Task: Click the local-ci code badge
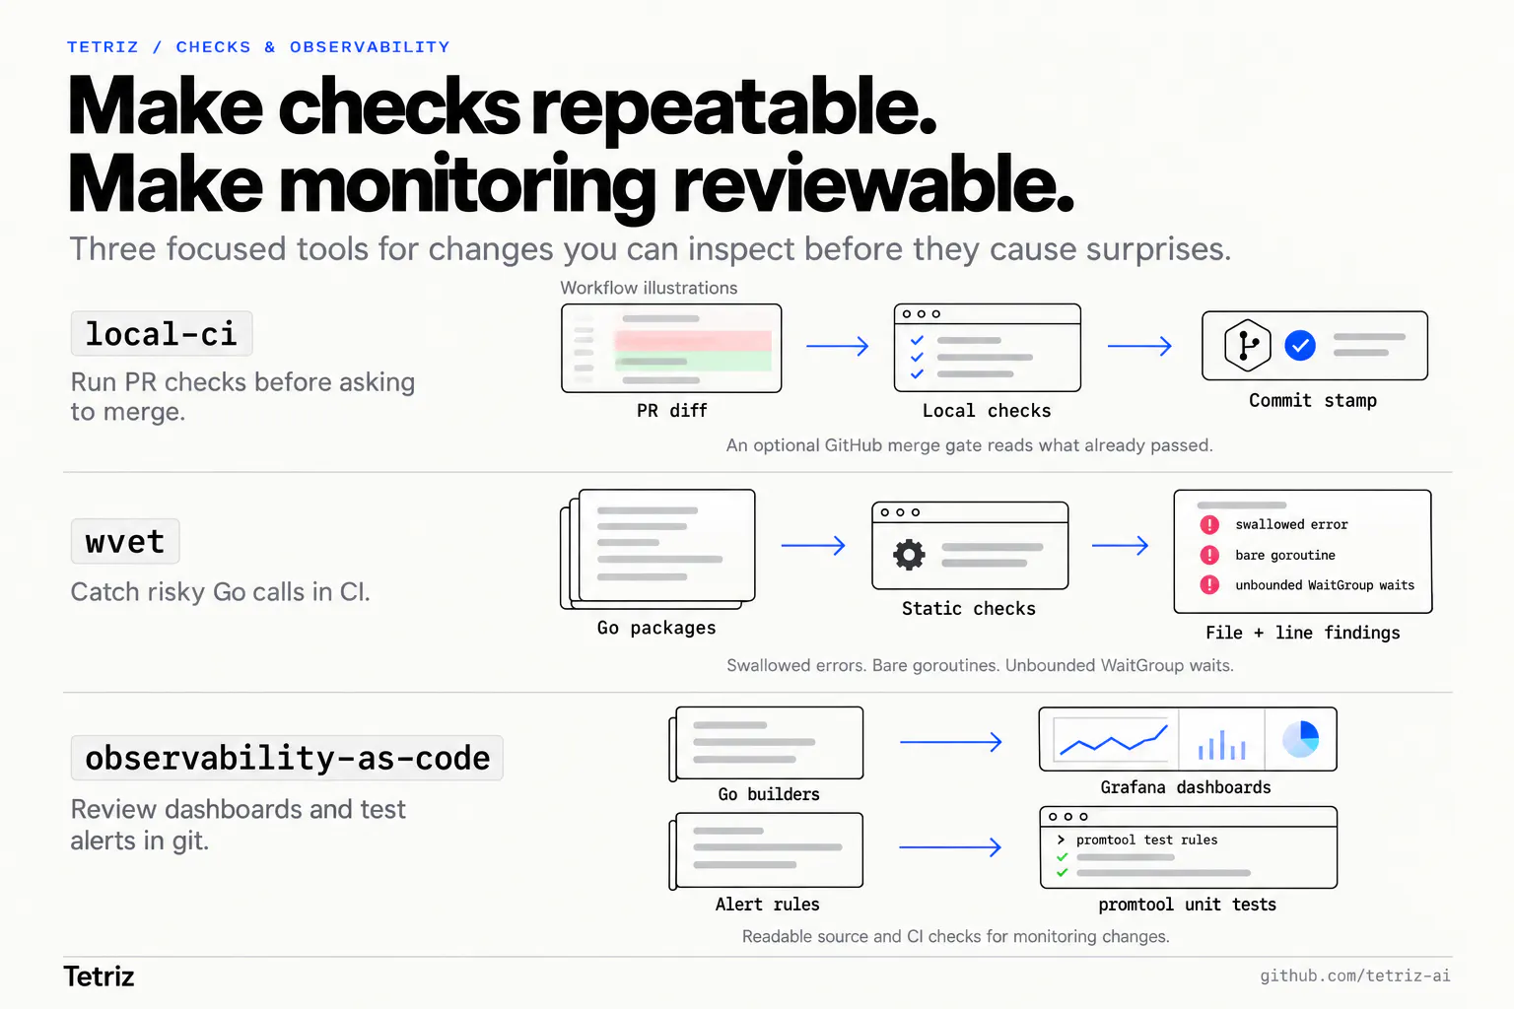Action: tap(162, 333)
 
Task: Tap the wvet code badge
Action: tap(125, 541)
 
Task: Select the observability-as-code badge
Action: tap(287, 758)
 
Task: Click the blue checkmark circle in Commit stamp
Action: tap(1300, 345)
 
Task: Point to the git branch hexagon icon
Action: tap(1247, 345)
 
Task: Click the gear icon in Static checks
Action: tap(909, 555)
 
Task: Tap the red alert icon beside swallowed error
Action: tap(1209, 524)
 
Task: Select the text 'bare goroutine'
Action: tap(1285, 555)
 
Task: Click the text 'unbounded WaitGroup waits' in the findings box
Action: tap(1325, 585)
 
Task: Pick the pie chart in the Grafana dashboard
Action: tap(1300, 739)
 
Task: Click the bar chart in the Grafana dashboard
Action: tap(1221, 744)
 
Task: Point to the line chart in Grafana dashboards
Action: tap(1114, 741)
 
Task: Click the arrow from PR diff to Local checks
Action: tap(838, 346)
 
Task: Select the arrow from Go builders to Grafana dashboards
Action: tap(950, 742)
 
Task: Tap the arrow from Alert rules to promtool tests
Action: tap(950, 846)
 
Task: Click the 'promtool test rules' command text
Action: tap(1146, 840)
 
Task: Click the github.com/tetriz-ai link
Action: tap(1354, 975)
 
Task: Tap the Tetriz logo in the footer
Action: tap(99, 975)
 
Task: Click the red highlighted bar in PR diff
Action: tap(693, 340)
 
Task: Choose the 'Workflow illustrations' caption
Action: tap(649, 288)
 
